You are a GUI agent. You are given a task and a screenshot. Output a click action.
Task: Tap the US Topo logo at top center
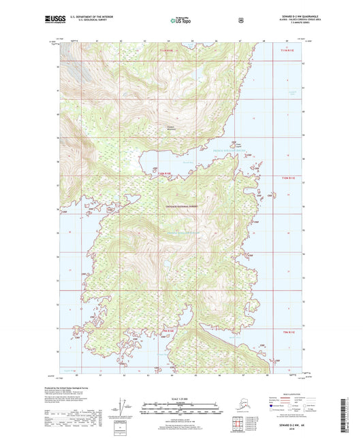[x=180, y=20]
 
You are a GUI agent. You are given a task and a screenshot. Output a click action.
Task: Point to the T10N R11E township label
[x=289, y=177]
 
